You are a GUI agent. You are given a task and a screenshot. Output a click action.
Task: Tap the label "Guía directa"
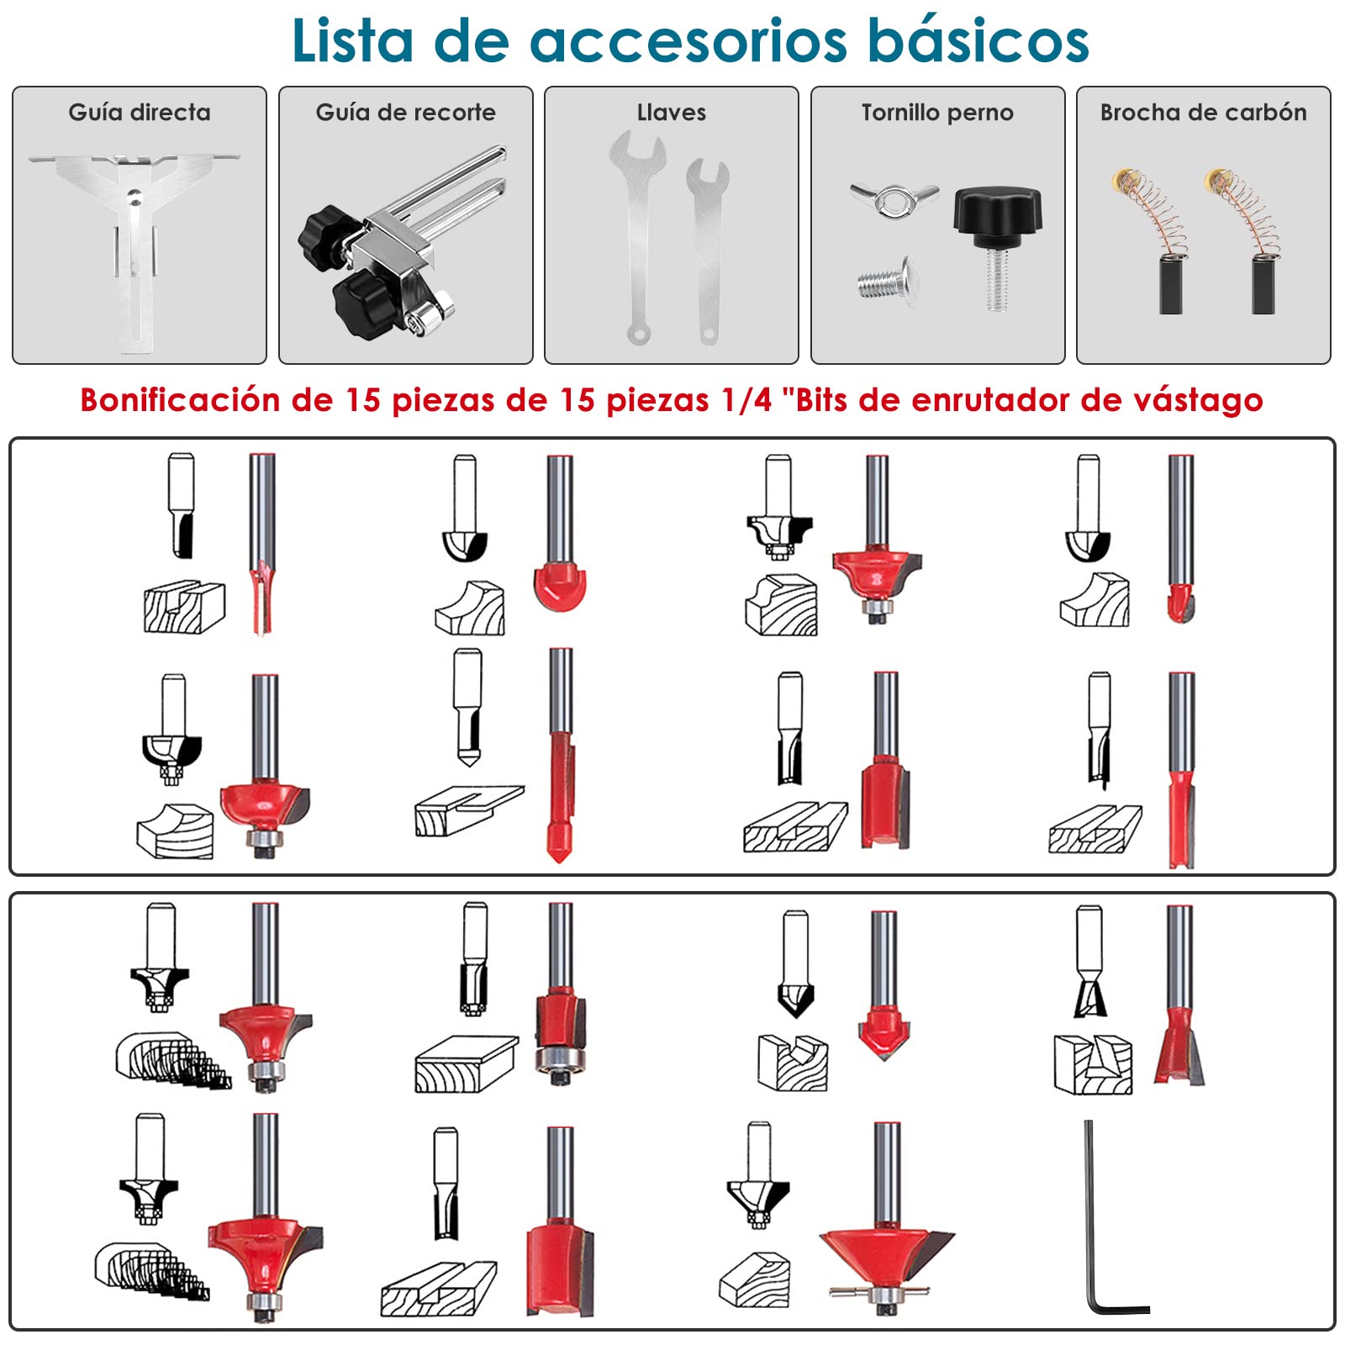140,113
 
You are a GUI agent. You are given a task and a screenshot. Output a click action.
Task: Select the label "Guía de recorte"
405,113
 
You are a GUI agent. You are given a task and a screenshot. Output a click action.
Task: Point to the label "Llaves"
671,113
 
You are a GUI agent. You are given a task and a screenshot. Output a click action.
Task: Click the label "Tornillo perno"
937,113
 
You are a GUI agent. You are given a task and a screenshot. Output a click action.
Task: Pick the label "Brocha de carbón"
1203,113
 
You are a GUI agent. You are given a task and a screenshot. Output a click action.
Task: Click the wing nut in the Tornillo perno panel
894,199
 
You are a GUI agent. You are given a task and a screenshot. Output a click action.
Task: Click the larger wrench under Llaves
638,237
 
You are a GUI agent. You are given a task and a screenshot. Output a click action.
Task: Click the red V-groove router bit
883,985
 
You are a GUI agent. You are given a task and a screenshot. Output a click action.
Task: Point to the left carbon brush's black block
1171,285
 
